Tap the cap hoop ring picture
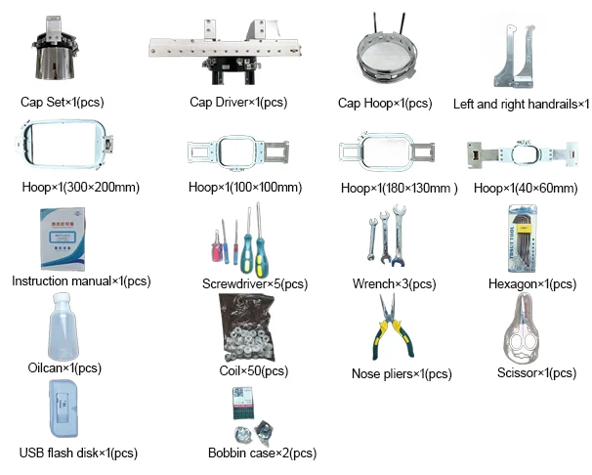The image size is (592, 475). (x=385, y=54)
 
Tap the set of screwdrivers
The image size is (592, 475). (x=239, y=239)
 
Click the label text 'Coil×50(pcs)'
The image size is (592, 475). (x=253, y=371)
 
